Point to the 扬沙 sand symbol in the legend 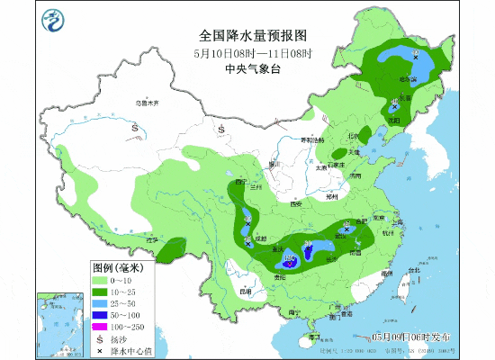tap(100, 338)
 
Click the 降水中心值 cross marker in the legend tap(100, 350)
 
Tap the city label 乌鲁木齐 tap(146, 103)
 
